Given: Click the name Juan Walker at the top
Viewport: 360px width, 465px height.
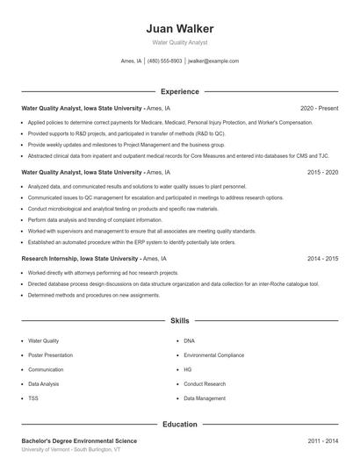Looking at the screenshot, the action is click(179, 28).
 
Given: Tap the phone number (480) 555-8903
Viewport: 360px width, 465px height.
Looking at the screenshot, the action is click(164, 61).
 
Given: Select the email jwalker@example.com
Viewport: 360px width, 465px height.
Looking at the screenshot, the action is click(213, 61).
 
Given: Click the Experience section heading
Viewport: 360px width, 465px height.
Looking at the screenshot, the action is click(179, 91).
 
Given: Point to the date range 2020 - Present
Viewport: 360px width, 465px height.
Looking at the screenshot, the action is click(319, 108).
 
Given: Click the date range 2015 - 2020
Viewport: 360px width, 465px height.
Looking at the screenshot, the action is click(322, 173).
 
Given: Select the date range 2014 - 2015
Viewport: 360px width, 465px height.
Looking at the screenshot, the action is click(322, 259).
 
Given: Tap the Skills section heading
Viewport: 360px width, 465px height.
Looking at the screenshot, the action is click(179, 321).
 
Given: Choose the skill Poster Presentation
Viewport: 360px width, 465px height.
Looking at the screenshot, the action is click(51, 354).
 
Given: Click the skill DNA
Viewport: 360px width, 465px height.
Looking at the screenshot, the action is click(190, 340).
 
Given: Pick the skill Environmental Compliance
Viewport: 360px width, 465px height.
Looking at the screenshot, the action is click(213, 354).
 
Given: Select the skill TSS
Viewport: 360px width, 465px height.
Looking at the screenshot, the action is click(33, 398).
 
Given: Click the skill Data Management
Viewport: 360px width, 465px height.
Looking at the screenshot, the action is click(205, 398).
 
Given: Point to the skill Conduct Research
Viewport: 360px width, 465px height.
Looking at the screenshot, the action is click(204, 383).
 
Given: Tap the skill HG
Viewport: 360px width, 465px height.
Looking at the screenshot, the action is click(188, 369).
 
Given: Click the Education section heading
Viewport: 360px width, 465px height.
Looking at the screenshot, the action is click(179, 424).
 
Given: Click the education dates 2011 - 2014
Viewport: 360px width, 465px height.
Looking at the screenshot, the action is click(322, 440).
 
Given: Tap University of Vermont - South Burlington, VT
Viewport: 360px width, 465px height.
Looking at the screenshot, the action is click(71, 449).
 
